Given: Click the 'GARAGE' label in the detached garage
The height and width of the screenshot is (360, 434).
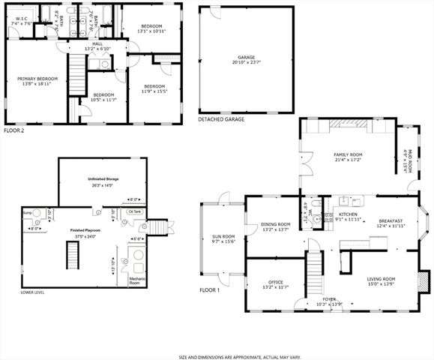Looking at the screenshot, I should pos(246,57).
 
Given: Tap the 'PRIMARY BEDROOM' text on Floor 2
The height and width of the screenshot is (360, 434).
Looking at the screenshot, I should pos(37,79).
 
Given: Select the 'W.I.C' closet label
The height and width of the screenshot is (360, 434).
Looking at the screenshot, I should pos(20,17).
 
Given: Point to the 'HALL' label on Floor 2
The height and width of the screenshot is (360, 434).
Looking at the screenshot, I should pos(97,43).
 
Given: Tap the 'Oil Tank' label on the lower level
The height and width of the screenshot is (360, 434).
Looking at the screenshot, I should pos(136,212).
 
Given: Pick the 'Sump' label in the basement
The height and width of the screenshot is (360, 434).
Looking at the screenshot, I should pos(27,213).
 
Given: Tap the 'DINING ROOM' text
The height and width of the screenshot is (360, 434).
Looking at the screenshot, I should pos(276,224).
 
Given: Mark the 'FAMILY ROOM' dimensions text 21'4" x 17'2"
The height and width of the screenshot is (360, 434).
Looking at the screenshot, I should pos(349,160).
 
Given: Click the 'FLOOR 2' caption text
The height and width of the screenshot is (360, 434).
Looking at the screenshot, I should pos(15,130).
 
